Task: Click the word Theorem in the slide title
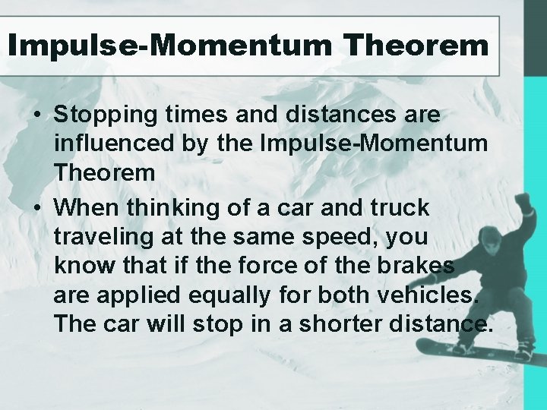pyautogui.click(x=416, y=46)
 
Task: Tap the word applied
pyautogui.click(x=125, y=294)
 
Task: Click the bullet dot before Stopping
pyautogui.click(x=36, y=115)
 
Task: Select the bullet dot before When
pyautogui.click(x=36, y=208)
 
